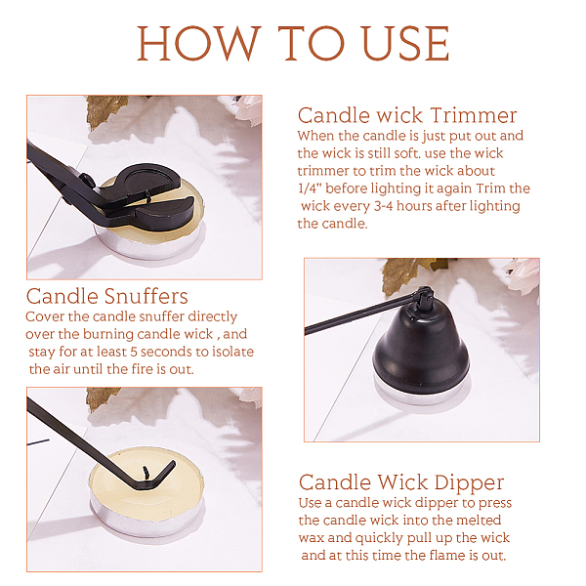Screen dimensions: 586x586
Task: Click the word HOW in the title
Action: (198, 43)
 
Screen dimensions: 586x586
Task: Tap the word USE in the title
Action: (405, 43)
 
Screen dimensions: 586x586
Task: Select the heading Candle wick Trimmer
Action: (407, 115)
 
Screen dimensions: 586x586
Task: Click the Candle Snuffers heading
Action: (106, 296)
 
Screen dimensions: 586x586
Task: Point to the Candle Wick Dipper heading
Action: (401, 482)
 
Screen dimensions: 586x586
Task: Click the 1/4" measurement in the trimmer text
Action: (310, 188)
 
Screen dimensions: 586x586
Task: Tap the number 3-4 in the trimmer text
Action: (383, 206)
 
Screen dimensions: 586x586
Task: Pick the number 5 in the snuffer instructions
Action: (134, 352)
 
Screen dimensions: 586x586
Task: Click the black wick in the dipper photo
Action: (146, 473)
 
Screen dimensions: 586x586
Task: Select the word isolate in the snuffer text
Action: (233, 352)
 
